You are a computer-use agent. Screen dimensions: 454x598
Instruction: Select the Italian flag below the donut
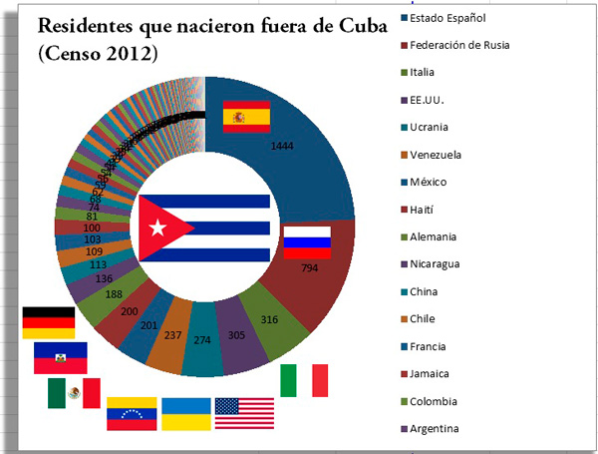coord(304,381)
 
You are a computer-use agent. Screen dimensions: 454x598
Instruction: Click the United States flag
coord(243,413)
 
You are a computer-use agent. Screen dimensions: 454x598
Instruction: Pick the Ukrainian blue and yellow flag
coord(186,413)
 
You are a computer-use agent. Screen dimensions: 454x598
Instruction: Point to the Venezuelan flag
coord(132,413)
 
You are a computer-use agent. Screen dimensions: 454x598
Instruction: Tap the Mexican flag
coord(74,393)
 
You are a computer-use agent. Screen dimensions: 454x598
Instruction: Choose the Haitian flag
coord(60,357)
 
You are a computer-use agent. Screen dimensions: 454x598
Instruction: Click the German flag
coord(48,323)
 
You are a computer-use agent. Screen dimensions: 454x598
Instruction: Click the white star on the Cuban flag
coord(156,227)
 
